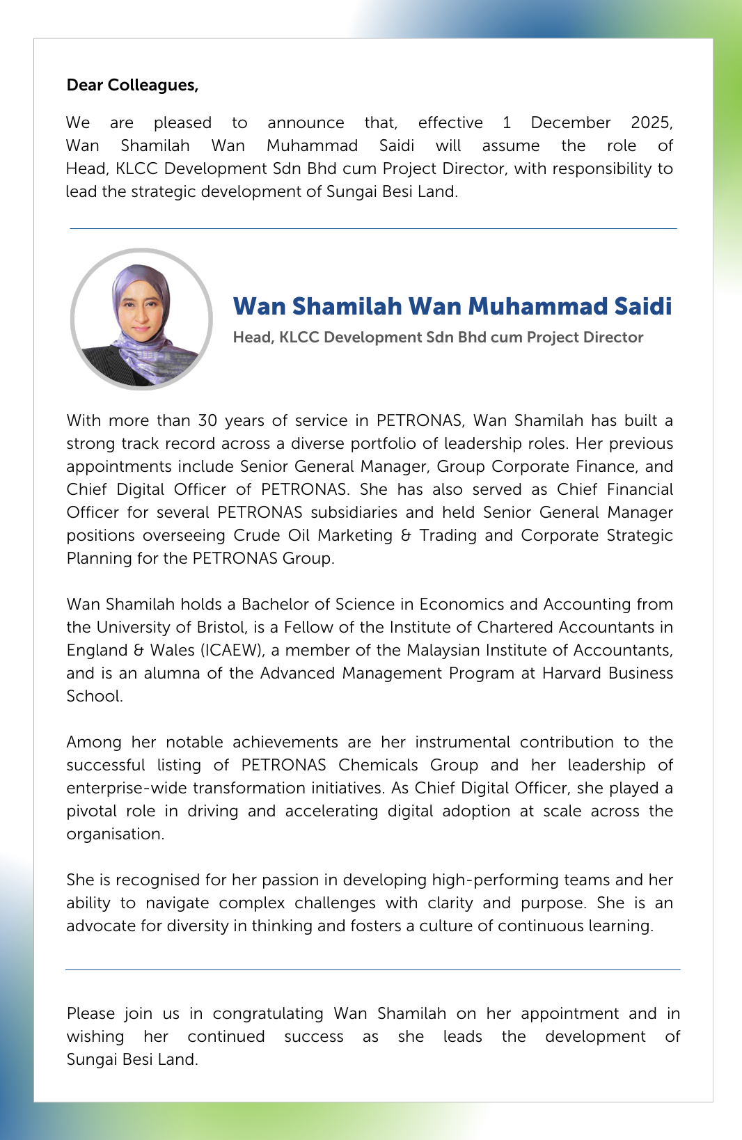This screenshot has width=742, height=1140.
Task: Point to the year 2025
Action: tap(650, 122)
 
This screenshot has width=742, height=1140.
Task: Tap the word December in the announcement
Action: tap(570, 122)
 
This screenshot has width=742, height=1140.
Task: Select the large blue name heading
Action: tap(452, 306)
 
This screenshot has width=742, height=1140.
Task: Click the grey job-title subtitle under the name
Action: tap(438, 338)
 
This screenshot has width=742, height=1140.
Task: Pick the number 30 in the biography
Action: tap(207, 420)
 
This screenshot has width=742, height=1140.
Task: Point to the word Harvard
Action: tap(571, 673)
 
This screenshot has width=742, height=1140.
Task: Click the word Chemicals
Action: tap(378, 765)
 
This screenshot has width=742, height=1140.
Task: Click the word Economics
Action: tap(461, 604)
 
